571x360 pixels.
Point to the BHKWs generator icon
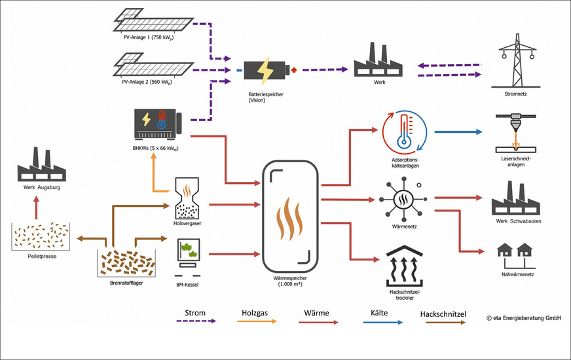[x=157, y=124]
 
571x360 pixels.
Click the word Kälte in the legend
[x=374, y=313]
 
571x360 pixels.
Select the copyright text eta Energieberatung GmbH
[x=523, y=318]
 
